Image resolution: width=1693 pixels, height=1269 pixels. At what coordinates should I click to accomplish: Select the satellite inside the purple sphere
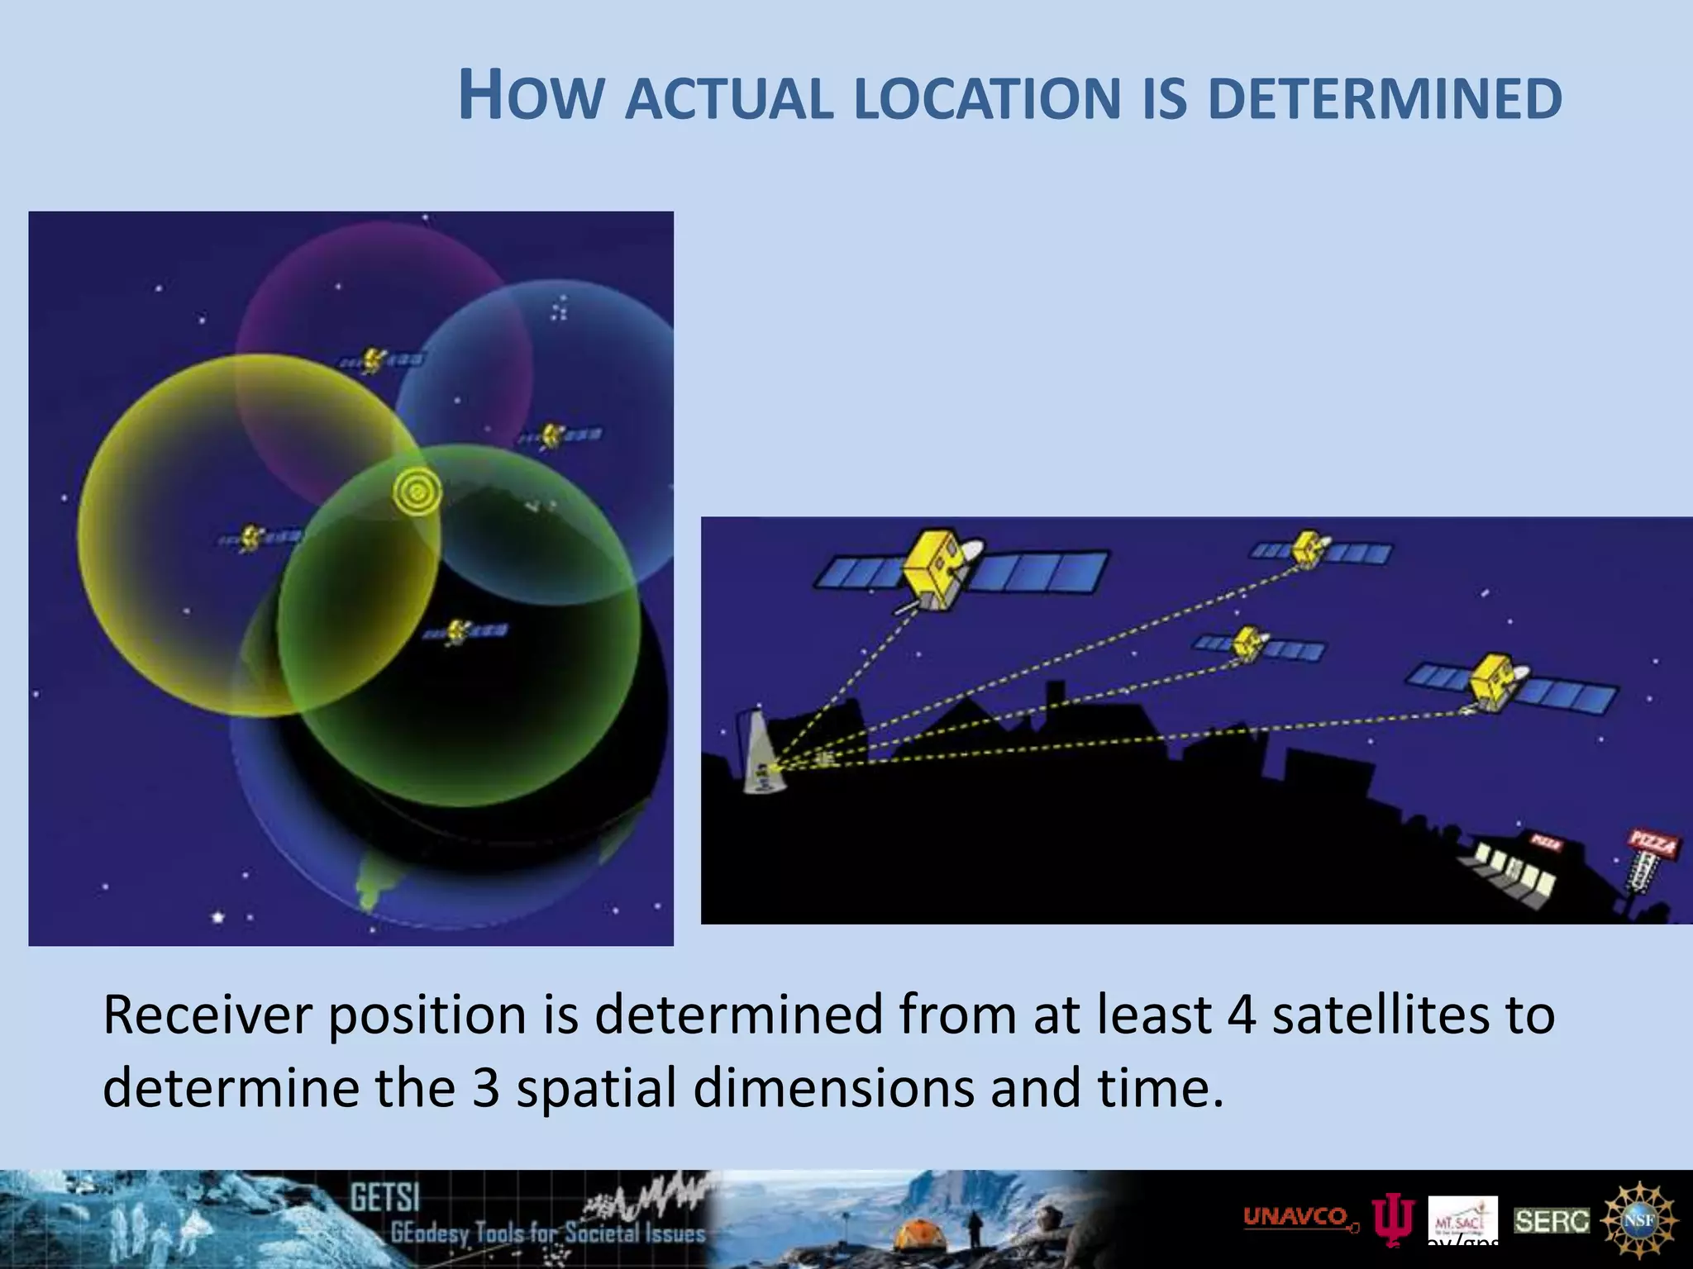pos(374,360)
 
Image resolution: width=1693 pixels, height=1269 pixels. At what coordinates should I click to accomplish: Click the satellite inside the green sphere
pos(457,632)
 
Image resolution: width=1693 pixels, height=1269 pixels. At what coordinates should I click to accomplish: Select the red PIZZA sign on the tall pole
pos(1652,844)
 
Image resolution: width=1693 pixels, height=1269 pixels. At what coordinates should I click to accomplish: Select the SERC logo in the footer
pos(1552,1220)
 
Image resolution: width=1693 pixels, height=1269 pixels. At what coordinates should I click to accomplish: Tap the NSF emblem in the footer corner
pos(1640,1219)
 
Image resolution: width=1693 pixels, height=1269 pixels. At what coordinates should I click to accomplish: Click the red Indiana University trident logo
pos(1394,1221)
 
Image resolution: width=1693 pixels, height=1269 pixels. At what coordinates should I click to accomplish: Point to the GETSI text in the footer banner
pos(385,1198)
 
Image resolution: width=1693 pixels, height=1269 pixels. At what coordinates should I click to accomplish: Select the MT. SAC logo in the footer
pos(1462,1219)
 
